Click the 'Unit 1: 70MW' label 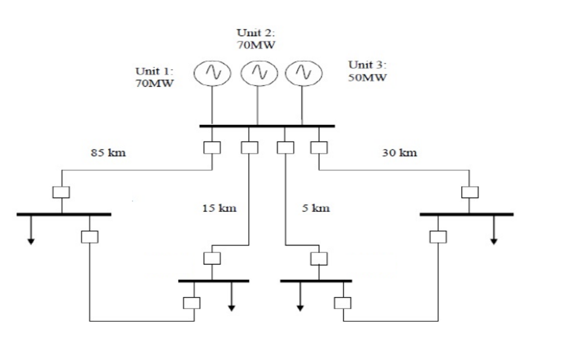155,78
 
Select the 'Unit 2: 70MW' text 256,40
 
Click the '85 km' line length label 108,153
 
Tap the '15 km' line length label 219,209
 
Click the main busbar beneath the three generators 267,126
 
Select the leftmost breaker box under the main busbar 212,147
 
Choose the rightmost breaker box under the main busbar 318,147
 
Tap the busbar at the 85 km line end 64,214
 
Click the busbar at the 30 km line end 466,214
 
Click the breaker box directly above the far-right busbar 470,192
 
